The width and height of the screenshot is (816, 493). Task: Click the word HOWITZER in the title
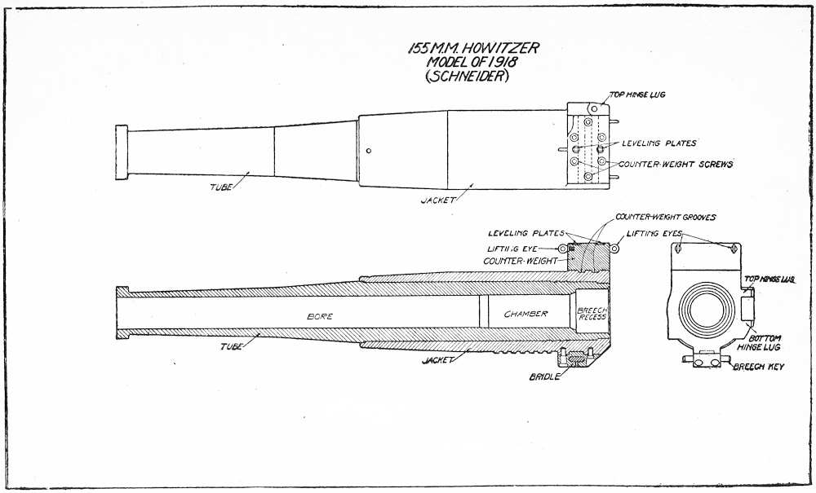pos(499,49)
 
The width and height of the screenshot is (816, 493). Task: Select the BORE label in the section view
pos(319,315)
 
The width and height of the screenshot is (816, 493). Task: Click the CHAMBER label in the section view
pos(526,314)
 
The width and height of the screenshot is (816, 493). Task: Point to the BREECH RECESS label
pos(592,314)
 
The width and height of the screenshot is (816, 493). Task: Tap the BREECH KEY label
pos(758,368)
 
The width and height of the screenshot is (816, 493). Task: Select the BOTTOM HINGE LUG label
pos(763,342)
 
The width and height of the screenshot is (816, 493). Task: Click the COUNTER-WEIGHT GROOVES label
pos(665,218)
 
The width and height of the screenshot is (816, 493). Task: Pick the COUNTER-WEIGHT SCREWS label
pos(676,165)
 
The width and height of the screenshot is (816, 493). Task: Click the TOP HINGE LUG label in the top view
pos(637,95)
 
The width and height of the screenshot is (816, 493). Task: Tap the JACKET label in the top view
pos(437,200)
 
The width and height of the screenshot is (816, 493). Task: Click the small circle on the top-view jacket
pos(370,150)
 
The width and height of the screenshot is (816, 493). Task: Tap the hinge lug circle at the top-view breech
pos(595,108)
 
